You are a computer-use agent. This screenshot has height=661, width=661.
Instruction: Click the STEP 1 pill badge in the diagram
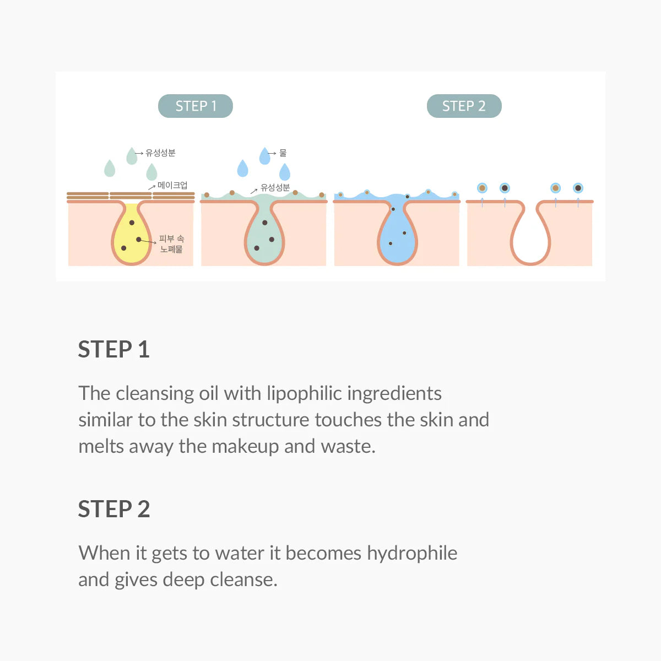[x=196, y=106]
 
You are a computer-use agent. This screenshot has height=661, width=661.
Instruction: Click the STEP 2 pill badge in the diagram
[x=464, y=106]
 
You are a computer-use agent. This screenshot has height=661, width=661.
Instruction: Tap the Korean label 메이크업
[x=172, y=185]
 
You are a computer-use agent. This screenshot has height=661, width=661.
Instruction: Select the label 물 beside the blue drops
[x=283, y=153]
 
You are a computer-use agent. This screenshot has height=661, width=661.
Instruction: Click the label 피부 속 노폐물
[x=171, y=244]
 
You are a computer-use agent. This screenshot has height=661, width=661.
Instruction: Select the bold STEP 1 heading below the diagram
[x=113, y=350]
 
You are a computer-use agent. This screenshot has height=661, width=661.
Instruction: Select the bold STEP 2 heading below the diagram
[x=113, y=509]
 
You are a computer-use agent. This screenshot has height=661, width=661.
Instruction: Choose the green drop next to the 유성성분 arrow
[x=131, y=156]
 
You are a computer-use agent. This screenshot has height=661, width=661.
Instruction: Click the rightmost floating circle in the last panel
[x=578, y=188]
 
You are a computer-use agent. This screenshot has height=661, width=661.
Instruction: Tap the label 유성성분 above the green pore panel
[x=275, y=187]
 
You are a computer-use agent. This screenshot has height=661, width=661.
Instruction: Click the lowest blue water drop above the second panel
[x=284, y=172]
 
